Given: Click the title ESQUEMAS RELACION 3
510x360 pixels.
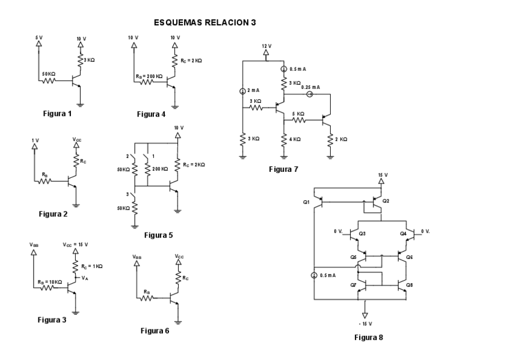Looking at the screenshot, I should (x=204, y=23).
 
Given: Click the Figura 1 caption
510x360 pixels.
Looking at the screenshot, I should (x=58, y=112).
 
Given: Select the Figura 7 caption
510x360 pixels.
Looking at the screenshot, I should (x=283, y=169).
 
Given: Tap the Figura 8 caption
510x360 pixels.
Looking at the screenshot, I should (x=369, y=337).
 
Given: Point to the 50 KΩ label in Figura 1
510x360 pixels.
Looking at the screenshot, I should (x=49, y=74).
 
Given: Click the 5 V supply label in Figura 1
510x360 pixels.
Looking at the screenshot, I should (x=39, y=37).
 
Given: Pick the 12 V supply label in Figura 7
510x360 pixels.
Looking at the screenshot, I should (x=267, y=46).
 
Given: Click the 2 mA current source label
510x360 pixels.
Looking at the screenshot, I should (x=253, y=91).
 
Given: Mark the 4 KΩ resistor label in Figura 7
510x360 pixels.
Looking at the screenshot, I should (x=296, y=139).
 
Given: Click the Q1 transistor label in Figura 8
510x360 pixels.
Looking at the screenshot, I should (x=306, y=202).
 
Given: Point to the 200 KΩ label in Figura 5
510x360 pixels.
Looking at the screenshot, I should (x=160, y=170).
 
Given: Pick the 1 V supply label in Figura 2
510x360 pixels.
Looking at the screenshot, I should (x=35, y=140).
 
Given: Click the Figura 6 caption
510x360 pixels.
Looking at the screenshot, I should (x=155, y=331).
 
